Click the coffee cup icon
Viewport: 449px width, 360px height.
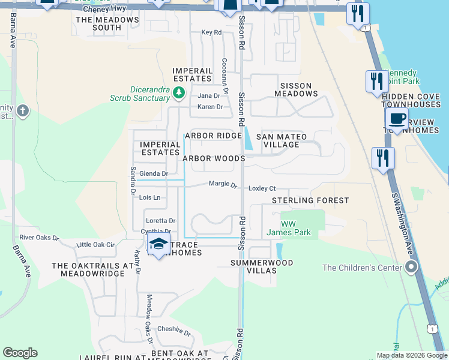397,118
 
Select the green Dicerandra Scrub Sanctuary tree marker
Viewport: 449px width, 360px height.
178,93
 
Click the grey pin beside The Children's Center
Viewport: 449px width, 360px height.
411,268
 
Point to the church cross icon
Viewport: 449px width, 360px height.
23,111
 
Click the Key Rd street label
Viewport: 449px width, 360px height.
211,32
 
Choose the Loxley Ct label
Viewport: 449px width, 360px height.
262,188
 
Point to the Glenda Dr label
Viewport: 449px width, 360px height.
153,173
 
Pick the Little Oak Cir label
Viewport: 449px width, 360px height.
95,244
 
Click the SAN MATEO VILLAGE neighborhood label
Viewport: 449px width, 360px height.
282,140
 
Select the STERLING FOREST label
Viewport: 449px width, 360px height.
310,200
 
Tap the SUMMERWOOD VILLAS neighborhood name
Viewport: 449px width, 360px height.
262,266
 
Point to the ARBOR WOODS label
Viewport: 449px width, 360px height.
214,158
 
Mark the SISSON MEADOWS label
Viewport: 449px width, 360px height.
296,89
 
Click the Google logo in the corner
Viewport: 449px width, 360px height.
20,353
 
